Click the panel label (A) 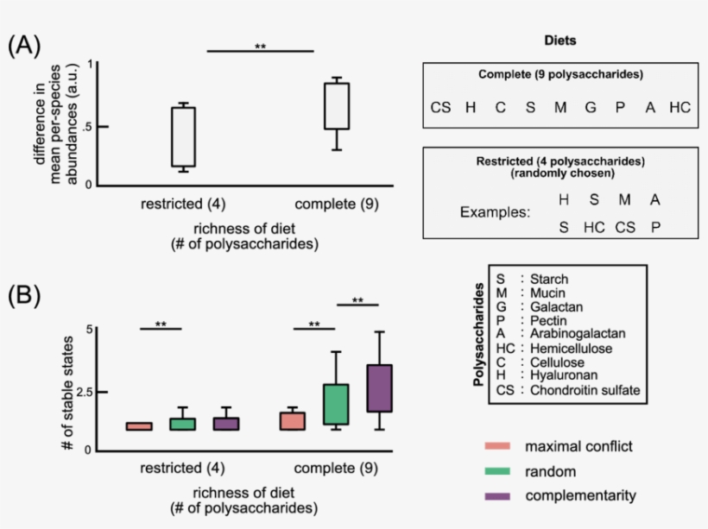coord(24,47)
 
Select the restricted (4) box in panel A coord(183,136)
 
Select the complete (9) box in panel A coord(337,106)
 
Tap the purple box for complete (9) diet coord(380,388)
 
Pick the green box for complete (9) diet coord(334,404)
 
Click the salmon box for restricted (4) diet coord(139,426)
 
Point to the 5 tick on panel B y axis coord(88,330)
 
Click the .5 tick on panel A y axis coord(85,126)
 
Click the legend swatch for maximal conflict coord(498,447)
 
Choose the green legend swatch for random coord(498,472)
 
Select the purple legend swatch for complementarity coord(498,496)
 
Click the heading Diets coord(560,41)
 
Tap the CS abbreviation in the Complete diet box coord(440,108)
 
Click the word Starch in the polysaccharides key coord(550,280)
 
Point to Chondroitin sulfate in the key coord(585,390)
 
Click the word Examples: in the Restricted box coord(494,211)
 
